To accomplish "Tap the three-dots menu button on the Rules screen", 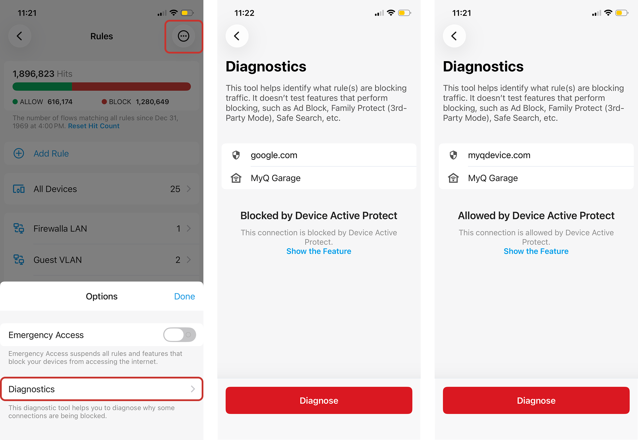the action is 184,36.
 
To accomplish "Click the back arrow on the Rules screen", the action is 20,36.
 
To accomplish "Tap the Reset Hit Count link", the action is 94,126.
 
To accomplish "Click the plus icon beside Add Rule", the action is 19,153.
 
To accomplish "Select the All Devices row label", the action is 55,189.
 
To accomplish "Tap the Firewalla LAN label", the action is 60,229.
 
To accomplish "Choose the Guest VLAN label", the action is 58,260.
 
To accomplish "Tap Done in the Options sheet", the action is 185,296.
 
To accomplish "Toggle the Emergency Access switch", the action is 180,335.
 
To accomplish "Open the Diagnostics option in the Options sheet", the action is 102,389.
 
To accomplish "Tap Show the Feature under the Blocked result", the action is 319,251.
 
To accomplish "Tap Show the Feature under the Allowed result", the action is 536,251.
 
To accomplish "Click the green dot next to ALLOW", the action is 15,102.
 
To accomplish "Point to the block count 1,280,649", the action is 152,102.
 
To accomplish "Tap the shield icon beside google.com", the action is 236,155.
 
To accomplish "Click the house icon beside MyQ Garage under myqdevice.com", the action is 453,178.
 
